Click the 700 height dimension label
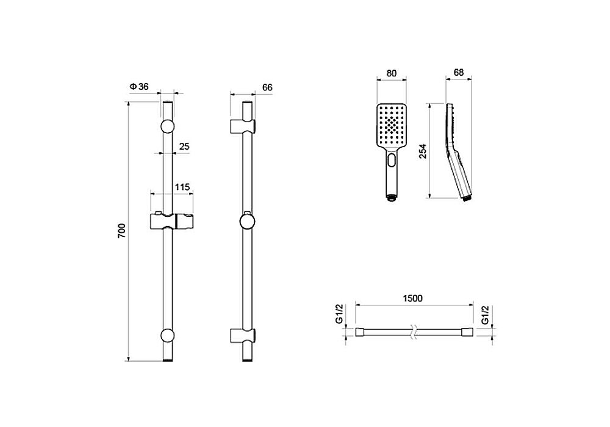122,231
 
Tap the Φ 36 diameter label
139,87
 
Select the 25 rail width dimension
184,146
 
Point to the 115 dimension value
182,187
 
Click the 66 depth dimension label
267,87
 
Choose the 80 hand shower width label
392,73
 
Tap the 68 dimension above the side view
459,73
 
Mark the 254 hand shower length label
423,151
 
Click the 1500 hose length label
413,299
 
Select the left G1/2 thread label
339,315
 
